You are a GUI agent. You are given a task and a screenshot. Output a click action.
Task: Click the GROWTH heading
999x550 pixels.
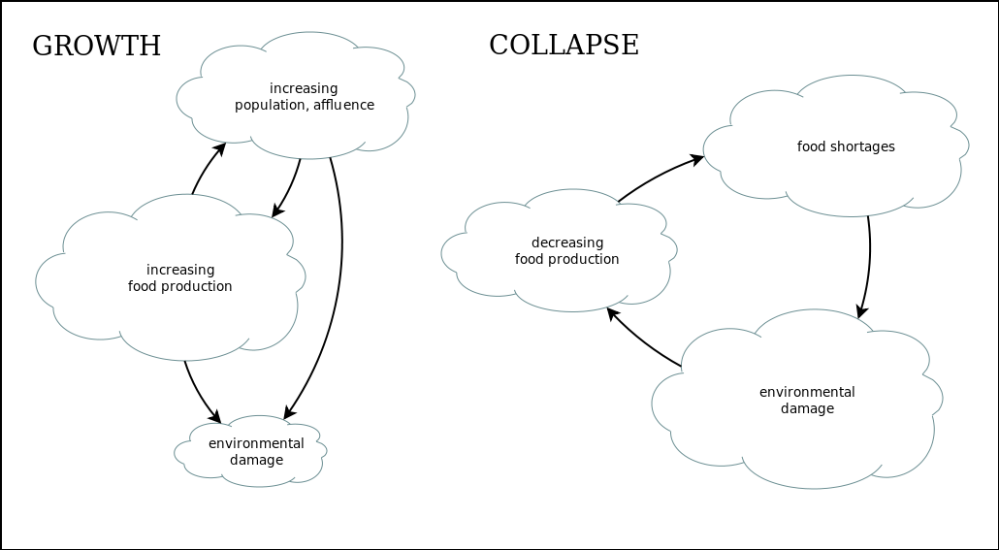(96, 47)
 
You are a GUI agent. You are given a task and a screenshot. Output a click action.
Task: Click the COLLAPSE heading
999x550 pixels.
(564, 46)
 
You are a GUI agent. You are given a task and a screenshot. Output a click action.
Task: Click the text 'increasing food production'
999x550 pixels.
(180, 277)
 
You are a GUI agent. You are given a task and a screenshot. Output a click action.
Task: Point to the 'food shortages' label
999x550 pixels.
(846, 147)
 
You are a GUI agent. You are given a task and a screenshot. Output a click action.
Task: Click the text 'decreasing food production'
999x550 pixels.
(566, 251)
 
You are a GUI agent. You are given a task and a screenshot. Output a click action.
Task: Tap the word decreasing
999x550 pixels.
(566, 243)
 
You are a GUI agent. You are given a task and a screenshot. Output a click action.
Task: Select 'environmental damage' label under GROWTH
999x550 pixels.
(256, 451)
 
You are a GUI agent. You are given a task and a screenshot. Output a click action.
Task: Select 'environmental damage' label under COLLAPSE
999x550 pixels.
(807, 401)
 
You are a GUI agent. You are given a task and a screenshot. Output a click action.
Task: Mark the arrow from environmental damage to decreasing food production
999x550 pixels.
(642, 342)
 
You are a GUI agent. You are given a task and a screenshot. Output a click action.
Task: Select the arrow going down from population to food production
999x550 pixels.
(289, 184)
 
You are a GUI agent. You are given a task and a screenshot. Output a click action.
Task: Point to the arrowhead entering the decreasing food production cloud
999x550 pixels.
(611, 314)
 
